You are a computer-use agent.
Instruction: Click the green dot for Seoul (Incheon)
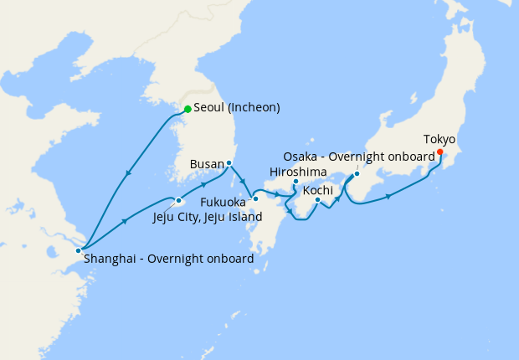click(x=188, y=109)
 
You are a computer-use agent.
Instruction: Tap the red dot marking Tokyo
click(x=439, y=152)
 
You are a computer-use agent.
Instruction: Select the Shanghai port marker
click(x=78, y=250)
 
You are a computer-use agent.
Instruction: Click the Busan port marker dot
click(x=229, y=163)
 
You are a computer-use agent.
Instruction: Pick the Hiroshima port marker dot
click(x=295, y=182)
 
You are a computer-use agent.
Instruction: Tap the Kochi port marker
click(x=318, y=199)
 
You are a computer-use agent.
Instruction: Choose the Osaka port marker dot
click(x=357, y=174)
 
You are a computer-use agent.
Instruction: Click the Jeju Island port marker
click(x=179, y=201)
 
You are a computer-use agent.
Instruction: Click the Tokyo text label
click(x=439, y=139)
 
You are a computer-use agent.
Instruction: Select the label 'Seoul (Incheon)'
click(x=237, y=108)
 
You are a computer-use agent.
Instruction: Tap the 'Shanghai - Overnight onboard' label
click(x=168, y=259)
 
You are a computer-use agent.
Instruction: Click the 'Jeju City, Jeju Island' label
click(x=208, y=217)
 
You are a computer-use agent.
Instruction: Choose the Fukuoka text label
click(x=223, y=202)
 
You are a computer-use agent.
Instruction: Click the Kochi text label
click(x=317, y=190)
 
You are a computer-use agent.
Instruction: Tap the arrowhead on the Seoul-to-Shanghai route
click(x=128, y=173)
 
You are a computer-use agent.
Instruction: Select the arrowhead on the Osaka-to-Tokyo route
click(x=388, y=198)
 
